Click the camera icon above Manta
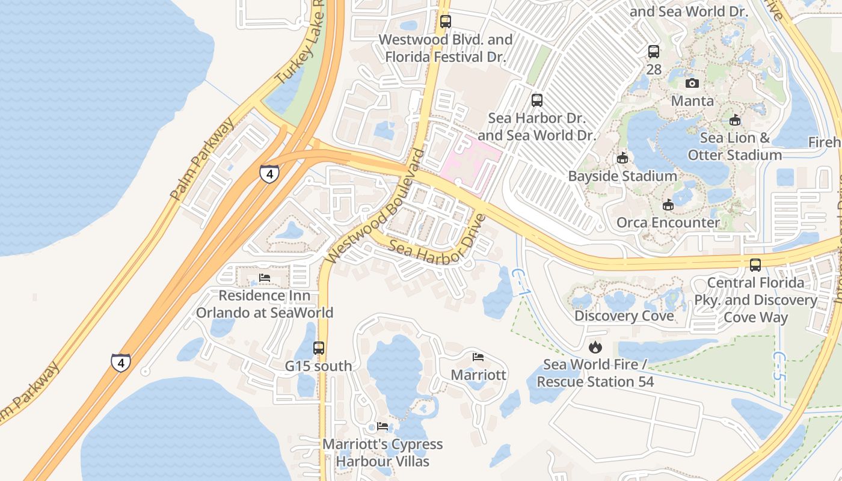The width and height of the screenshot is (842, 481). [x=692, y=83]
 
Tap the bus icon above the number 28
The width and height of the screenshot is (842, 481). [x=654, y=52]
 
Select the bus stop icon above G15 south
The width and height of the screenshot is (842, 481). [x=319, y=348]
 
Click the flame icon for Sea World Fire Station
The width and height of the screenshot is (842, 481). [x=595, y=347]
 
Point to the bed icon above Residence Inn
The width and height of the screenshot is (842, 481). [x=264, y=278]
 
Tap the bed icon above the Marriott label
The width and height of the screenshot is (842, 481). [x=478, y=357]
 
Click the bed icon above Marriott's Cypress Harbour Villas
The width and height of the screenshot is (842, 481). [x=383, y=426]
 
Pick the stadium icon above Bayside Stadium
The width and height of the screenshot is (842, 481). [x=622, y=158]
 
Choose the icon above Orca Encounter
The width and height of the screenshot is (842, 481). [x=668, y=204]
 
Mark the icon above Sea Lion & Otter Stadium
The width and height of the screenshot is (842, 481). [x=734, y=120]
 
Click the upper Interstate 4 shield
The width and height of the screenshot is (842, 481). [x=269, y=173]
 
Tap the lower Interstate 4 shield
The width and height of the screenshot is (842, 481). [x=120, y=362]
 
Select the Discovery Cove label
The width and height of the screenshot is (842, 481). [x=624, y=316]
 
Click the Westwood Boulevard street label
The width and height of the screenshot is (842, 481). [x=375, y=207]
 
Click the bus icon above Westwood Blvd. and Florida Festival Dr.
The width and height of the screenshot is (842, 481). [x=445, y=22]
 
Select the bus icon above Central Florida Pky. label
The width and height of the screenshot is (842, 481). [x=755, y=265]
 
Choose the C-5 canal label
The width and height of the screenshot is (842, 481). [x=779, y=367]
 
